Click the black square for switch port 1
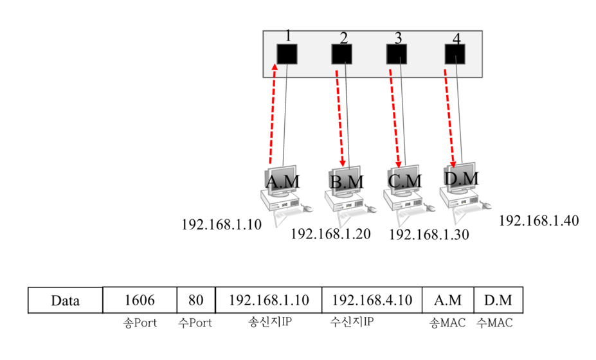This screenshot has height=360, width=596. (x=286, y=54)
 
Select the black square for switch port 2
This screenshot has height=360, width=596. (x=341, y=54)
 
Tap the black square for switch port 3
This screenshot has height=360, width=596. (x=397, y=54)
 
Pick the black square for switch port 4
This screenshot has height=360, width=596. (x=455, y=54)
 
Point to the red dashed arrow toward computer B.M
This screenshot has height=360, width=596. (x=340, y=119)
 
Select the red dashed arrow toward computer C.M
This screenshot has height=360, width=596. (x=394, y=119)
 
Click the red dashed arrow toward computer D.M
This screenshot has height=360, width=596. (x=449, y=119)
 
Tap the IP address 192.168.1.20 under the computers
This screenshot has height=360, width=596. (x=330, y=234)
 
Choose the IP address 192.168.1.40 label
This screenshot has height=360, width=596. (x=539, y=221)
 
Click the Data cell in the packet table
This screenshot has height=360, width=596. (x=66, y=300)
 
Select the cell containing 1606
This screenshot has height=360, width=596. (x=140, y=300)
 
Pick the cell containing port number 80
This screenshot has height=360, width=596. (x=195, y=300)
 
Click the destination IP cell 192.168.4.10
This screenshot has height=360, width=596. (x=371, y=300)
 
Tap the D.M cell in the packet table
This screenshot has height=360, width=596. (x=498, y=300)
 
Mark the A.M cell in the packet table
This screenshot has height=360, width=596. (x=447, y=300)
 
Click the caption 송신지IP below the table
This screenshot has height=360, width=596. (x=269, y=323)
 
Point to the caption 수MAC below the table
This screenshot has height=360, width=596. (x=494, y=323)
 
